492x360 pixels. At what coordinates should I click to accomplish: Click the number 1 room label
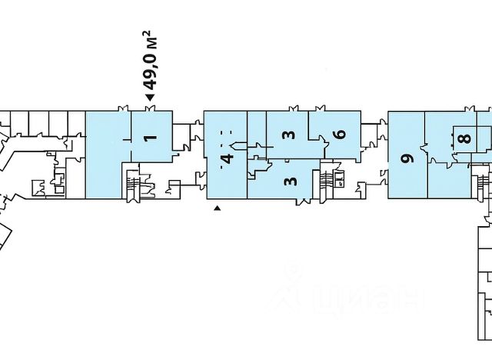pyautogui.click(x=151, y=138)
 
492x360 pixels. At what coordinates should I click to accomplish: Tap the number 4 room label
pyautogui.click(x=226, y=159)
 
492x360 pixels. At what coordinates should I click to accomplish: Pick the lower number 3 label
pyautogui.click(x=289, y=182)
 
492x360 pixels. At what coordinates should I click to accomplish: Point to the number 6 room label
pyautogui.click(x=340, y=134)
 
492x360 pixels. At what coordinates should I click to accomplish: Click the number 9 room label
pyautogui.click(x=407, y=158)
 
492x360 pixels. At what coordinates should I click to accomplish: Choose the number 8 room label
pyautogui.click(x=463, y=139)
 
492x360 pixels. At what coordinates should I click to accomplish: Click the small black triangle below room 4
pyautogui.click(x=218, y=208)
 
